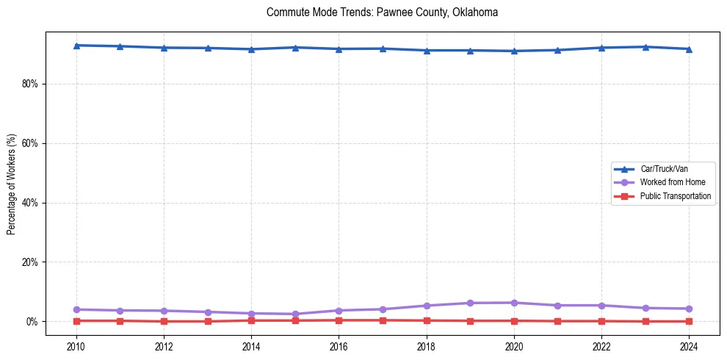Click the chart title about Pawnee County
point(383,12)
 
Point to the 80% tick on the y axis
point(29,84)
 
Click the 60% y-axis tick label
point(29,143)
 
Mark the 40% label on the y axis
point(29,203)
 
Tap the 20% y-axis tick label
point(29,262)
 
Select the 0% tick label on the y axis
point(32,322)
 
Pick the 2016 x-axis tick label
point(339,346)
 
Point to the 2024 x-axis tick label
point(689,346)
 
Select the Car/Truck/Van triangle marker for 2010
point(76,46)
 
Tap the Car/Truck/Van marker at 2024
point(689,49)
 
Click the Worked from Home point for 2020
point(514,303)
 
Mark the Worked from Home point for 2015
point(295,314)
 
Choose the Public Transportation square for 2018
point(427,320)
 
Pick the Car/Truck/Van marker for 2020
point(514,51)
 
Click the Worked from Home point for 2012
point(164,311)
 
